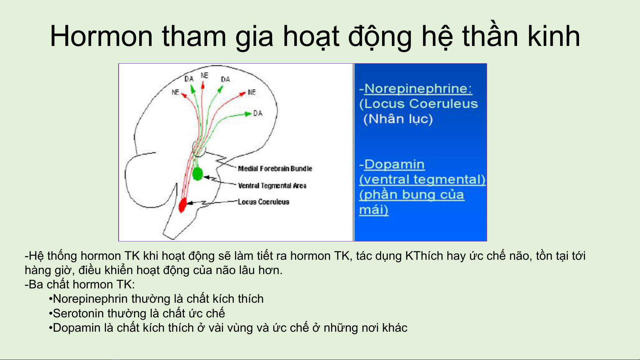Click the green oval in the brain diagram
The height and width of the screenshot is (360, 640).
[x=198, y=174]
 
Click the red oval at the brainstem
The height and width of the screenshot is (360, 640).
[x=183, y=205]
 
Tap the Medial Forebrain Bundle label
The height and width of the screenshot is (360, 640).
[x=275, y=169]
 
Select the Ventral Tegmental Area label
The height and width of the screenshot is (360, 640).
[x=272, y=185]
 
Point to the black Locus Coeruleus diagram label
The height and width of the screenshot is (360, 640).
[x=263, y=201]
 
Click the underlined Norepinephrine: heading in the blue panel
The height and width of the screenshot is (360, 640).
[x=418, y=88]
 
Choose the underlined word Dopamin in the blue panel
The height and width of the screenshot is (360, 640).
[x=394, y=164]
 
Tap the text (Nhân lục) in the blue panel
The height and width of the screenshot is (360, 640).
[x=398, y=119]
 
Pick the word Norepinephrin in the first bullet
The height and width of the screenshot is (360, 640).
[x=90, y=299]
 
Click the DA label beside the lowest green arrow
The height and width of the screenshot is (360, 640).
[x=258, y=113]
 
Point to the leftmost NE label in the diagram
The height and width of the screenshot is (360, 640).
[x=175, y=92]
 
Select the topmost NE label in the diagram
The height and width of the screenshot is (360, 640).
[x=204, y=76]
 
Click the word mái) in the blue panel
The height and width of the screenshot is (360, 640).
[x=373, y=210]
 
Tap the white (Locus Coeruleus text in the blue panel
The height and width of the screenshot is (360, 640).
[x=418, y=104]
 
